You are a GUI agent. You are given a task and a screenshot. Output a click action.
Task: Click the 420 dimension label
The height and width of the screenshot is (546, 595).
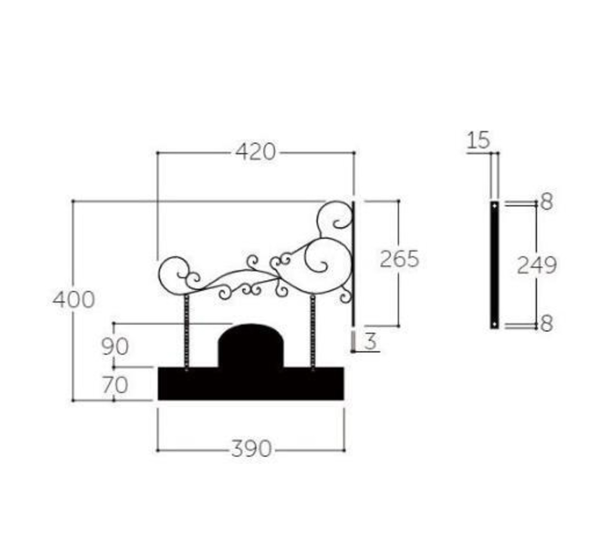coord(255,152)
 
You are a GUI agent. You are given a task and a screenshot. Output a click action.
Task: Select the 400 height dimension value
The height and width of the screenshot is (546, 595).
coord(73,299)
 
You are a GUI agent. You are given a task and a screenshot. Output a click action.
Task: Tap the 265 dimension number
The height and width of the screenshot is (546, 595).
coord(399,259)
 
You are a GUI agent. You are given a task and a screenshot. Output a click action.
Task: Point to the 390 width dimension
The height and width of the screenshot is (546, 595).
coord(251,448)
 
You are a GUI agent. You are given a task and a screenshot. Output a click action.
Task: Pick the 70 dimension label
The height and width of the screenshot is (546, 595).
coord(115,385)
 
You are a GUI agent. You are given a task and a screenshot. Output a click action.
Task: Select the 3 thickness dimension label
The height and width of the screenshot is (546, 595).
coord(370,341)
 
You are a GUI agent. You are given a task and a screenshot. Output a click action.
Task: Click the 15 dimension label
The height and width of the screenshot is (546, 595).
coord(478,140)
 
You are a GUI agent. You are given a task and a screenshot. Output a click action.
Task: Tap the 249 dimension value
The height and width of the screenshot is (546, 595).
coord(537,265)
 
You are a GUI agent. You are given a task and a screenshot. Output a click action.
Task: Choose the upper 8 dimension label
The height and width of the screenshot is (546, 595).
coord(547,202)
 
